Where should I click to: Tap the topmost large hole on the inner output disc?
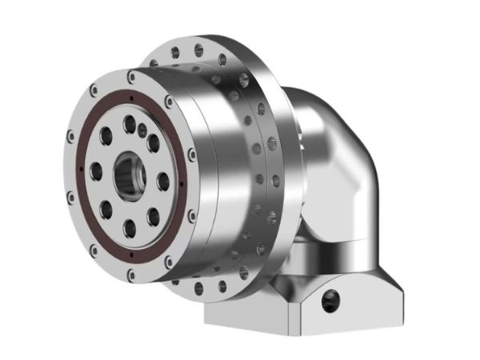pyautogui.click(x=130, y=123)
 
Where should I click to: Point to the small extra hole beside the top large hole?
pyautogui.click(x=142, y=129)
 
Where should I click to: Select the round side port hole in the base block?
pyautogui.click(x=330, y=301)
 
